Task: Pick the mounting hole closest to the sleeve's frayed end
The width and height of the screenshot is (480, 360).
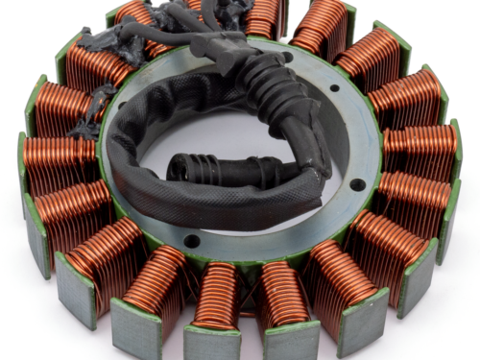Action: [357, 184]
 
